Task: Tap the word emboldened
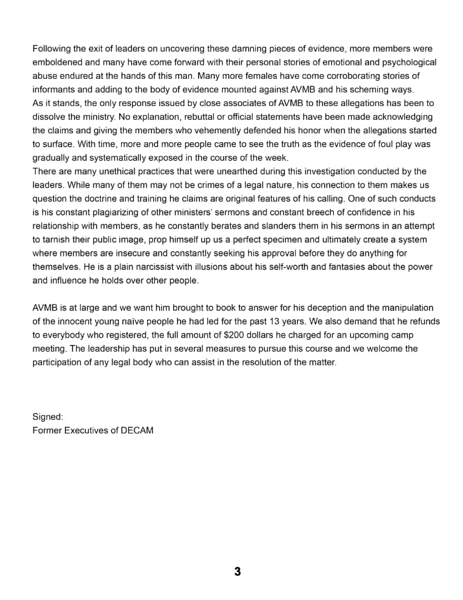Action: [57, 63]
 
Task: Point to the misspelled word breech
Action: [325, 212]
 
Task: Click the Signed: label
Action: [48, 416]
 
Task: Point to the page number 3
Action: [237, 571]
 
